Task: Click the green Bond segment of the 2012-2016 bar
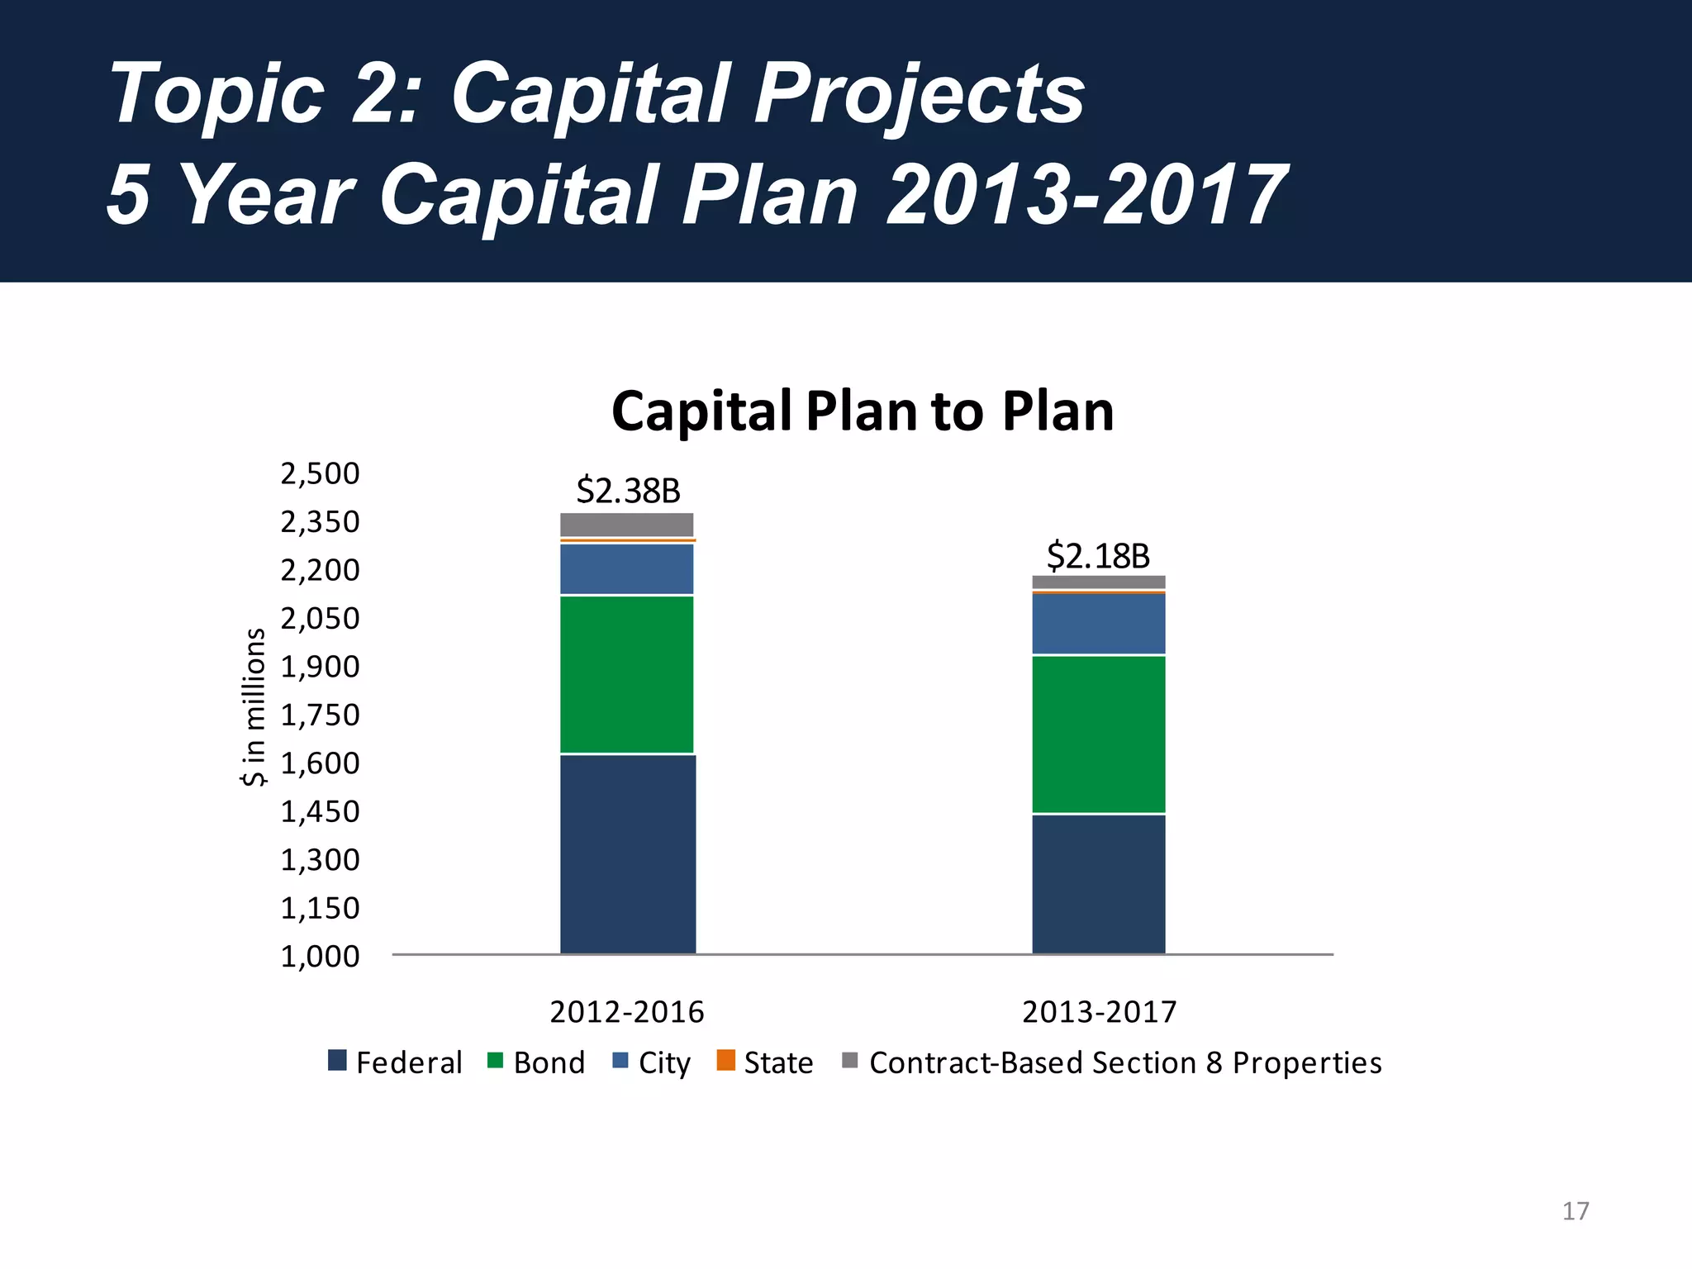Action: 627,674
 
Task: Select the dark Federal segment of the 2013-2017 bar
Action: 1098,884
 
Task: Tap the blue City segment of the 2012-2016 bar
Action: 627,568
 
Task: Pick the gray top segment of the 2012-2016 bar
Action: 627,525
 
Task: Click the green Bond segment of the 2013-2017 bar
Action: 1098,734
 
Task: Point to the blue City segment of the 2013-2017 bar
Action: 1098,624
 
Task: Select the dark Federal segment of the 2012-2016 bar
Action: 627,854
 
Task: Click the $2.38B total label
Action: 628,491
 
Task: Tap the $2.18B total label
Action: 1098,556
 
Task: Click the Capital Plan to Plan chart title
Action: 863,411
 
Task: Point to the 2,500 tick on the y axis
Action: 321,473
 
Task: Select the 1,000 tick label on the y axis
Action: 321,956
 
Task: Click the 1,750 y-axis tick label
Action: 321,715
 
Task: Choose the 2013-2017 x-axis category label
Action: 1099,1012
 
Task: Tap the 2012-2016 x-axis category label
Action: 627,1012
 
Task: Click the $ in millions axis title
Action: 254,707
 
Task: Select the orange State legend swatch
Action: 725,1060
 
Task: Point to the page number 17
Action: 1576,1211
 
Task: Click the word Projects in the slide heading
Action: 919,94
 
